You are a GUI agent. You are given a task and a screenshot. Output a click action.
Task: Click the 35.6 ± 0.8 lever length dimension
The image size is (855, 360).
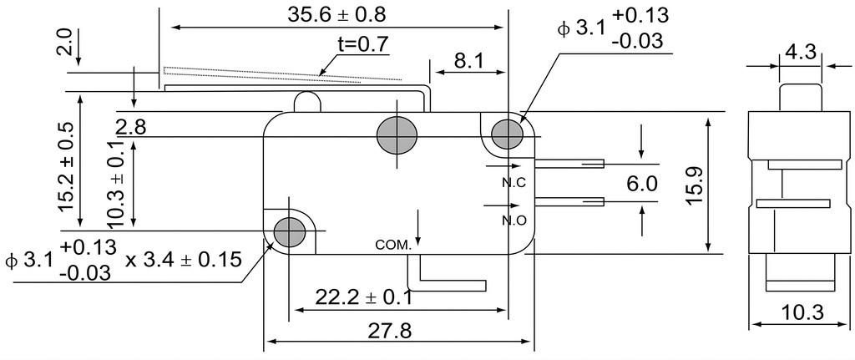(336, 15)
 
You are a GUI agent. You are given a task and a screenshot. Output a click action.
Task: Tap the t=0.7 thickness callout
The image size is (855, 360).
(364, 45)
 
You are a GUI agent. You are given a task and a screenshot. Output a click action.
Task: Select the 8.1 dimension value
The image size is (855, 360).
(468, 61)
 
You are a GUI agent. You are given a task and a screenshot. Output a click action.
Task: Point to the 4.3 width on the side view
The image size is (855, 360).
(801, 53)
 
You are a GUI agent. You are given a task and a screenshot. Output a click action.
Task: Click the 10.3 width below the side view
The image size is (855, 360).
(802, 313)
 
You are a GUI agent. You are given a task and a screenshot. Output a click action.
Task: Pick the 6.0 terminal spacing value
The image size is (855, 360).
(642, 184)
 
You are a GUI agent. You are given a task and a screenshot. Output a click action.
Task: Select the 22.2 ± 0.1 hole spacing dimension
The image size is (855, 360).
(364, 297)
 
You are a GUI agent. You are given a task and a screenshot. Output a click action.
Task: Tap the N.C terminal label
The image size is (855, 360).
(514, 183)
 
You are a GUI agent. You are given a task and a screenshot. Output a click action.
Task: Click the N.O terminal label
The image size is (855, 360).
(514, 221)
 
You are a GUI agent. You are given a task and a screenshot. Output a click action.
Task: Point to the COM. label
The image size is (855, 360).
(392, 246)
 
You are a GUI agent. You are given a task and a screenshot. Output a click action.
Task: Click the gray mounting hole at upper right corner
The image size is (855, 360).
(508, 133)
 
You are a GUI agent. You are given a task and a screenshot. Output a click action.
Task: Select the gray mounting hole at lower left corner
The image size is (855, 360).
(288, 231)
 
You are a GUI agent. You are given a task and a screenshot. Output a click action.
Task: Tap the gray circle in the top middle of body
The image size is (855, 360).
(397, 134)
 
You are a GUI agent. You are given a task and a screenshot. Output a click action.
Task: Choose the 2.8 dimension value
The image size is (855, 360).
(131, 127)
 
